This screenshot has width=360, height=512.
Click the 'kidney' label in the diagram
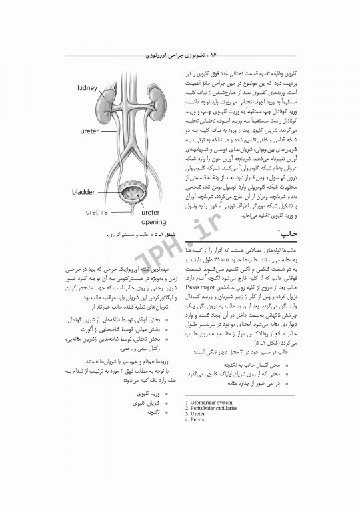(87, 88)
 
